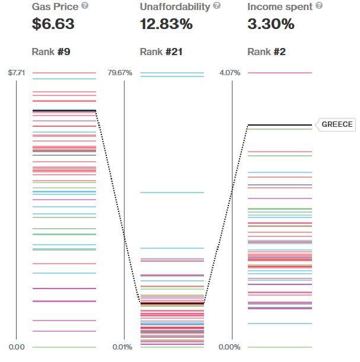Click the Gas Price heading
tap(55, 7)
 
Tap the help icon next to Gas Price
tap(85, 6)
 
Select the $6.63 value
tap(53, 24)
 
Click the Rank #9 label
tap(51, 52)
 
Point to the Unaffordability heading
tap(175, 7)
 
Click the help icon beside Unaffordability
tap(216, 6)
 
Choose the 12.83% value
tap(166, 24)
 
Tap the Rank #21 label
tap(161, 52)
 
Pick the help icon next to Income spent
tap(319, 6)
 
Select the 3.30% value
tap(270, 24)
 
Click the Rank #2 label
tap(266, 52)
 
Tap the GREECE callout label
tap(337, 124)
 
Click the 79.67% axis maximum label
tap(120, 73)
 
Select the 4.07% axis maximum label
tap(230, 73)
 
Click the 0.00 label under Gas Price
tap(17, 347)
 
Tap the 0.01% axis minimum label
tap(122, 347)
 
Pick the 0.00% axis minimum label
tap(230, 347)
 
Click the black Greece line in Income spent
tap(279, 125)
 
